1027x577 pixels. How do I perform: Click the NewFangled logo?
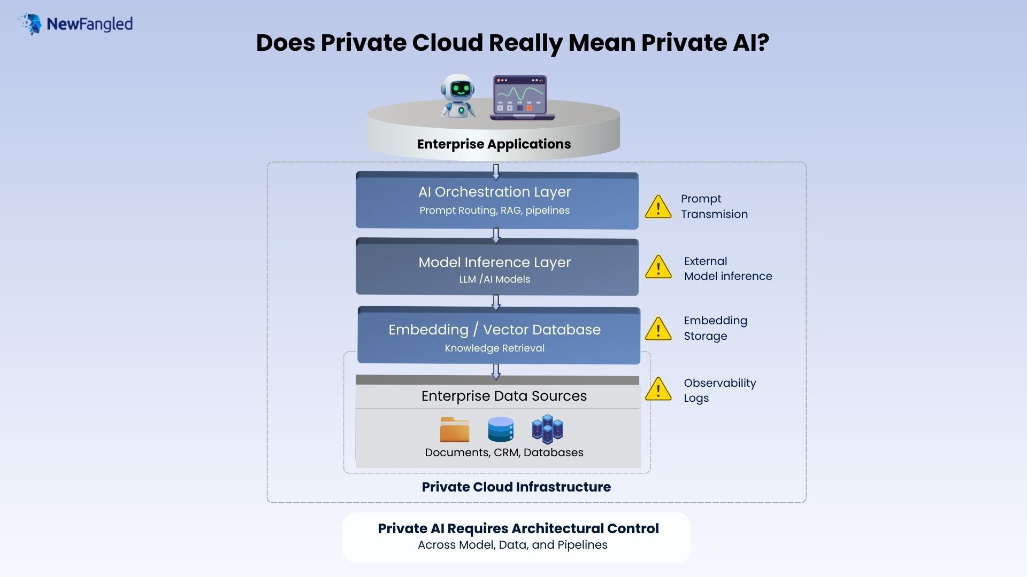[75, 24]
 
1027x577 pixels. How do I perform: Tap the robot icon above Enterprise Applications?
[458, 96]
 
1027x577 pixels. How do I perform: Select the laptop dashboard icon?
[522, 98]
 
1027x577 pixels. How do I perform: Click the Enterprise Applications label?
[494, 144]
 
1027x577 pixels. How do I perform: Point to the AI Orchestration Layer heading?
[494, 192]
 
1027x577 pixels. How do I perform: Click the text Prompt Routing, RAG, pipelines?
[494, 210]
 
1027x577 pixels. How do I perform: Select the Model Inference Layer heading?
[494, 262]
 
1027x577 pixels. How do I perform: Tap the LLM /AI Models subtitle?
[494, 279]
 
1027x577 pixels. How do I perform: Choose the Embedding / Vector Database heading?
[494, 330]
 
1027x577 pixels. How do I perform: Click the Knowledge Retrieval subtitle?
[494, 348]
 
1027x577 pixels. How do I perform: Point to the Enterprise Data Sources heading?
[504, 396]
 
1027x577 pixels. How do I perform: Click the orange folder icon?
[454, 430]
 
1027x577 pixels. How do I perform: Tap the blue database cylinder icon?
[501, 430]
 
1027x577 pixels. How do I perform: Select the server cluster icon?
[547, 429]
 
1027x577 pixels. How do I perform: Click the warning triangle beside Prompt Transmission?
[658, 207]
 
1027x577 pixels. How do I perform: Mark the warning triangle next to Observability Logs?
[658, 389]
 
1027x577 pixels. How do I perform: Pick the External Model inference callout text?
[727, 269]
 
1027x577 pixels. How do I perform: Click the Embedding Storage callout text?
[715, 328]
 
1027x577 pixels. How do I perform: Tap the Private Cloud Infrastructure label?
[516, 487]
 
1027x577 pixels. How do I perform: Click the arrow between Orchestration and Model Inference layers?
[496, 235]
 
